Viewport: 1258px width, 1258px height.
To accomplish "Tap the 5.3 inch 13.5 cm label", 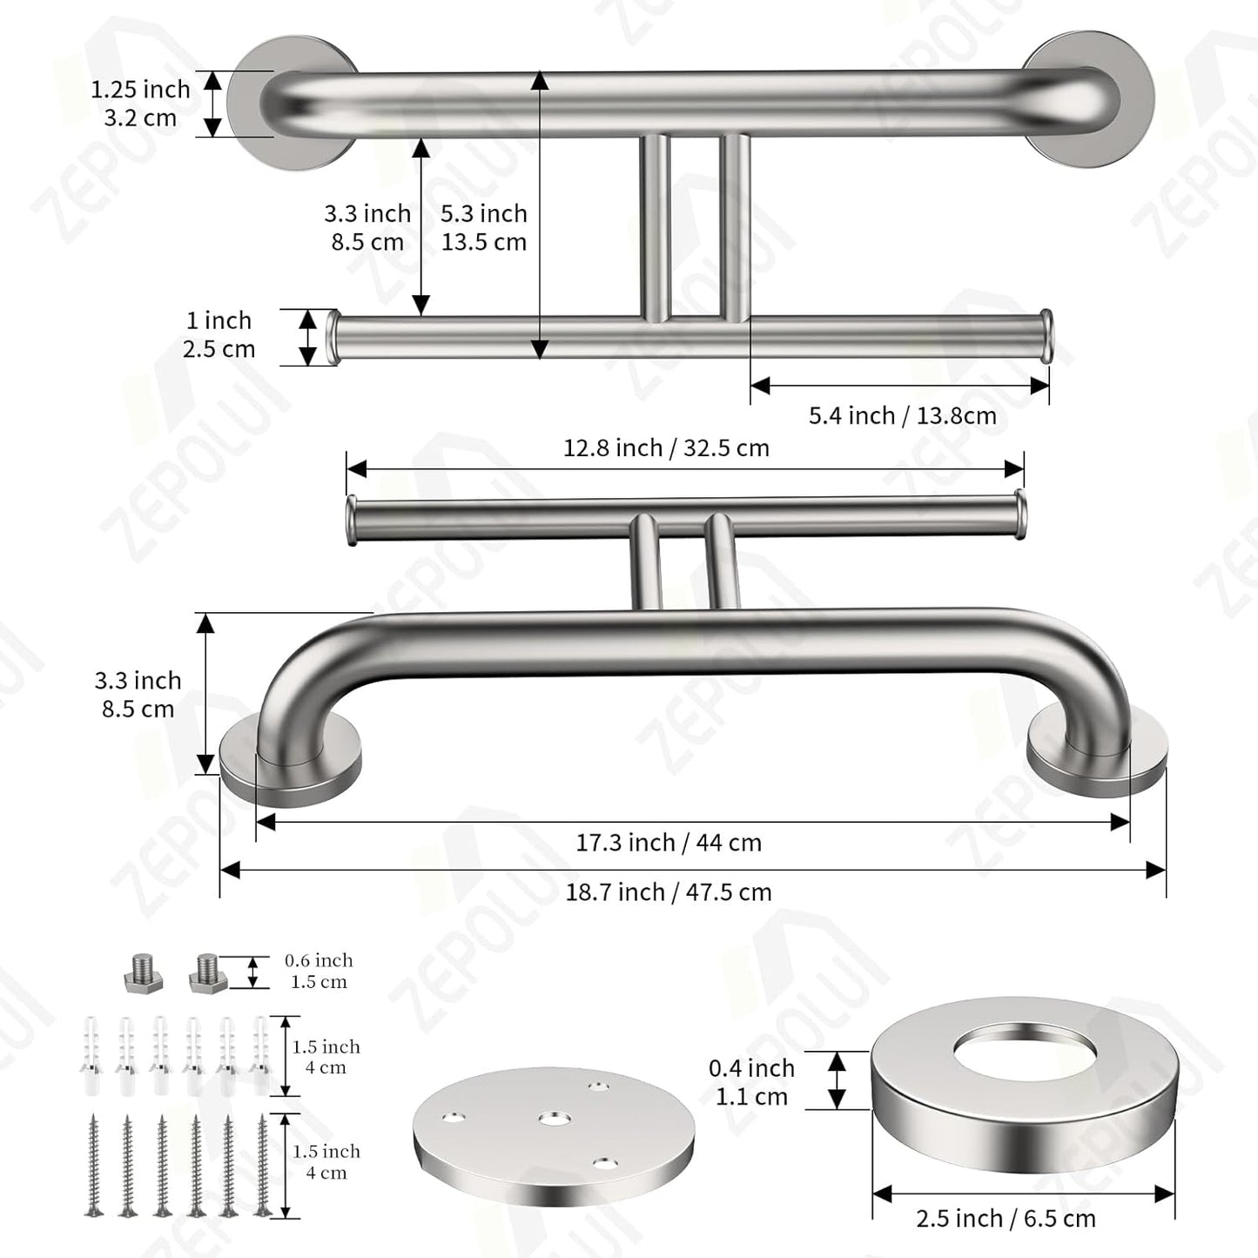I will click(x=484, y=227).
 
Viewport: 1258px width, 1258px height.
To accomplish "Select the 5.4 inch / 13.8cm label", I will click(x=902, y=416).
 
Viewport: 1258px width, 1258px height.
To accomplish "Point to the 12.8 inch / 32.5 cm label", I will click(x=666, y=448).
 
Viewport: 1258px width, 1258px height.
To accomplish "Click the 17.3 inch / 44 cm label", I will click(x=668, y=843).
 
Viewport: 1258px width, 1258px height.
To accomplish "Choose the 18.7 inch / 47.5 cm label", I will click(x=668, y=892).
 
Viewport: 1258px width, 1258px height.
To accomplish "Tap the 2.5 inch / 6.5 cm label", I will click(x=1006, y=1219).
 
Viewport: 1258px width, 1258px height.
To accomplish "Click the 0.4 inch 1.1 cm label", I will click(x=751, y=1082).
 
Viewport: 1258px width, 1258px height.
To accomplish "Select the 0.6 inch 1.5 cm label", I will click(x=319, y=971).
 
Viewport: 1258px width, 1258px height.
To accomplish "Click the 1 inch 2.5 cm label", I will click(x=219, y=335).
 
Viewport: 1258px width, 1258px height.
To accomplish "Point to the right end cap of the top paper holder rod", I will click(x=1046, y=335).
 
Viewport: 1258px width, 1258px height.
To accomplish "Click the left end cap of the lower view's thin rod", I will click(x=352, y=521).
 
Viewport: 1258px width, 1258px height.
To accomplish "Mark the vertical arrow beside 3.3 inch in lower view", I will click(x=205, y=693).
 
